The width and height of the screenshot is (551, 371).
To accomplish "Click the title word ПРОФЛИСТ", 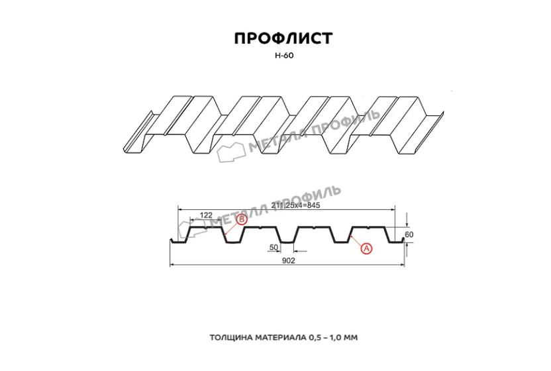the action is point(283,38).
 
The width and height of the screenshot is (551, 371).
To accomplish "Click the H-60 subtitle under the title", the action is point(284,56).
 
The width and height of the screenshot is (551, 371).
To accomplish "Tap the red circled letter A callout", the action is point(366,248).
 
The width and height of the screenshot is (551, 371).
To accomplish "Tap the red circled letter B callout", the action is point(242,220).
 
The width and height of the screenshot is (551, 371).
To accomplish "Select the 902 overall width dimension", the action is point(289,260).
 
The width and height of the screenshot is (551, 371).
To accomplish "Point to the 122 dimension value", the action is point(206,215).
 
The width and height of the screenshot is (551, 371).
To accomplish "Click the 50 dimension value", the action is point(274,248).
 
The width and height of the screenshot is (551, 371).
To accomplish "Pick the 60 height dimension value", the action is point(409,235).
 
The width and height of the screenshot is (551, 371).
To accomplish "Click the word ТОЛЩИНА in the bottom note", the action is point(232,338).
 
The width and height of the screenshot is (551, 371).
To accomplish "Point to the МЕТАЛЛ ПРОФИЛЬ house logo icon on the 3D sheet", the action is point(231,152).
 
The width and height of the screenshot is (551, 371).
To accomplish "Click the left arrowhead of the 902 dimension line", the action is point(172,265).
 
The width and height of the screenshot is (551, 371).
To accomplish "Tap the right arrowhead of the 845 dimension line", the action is point(393,209).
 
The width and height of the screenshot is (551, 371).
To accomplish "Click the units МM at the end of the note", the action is point(352,338).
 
